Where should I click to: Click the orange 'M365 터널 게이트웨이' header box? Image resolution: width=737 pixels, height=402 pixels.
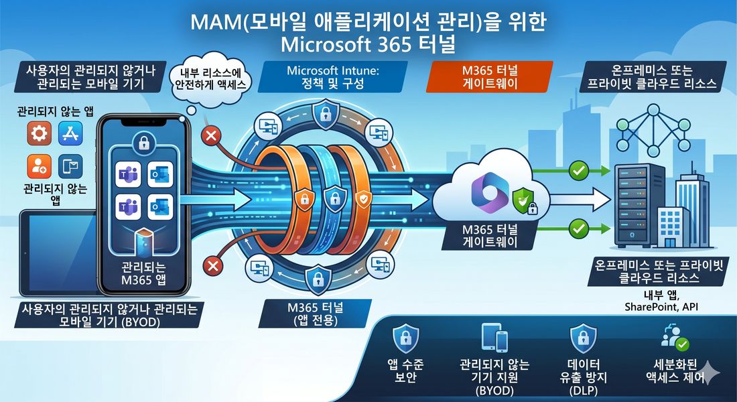click(x=489, y=76)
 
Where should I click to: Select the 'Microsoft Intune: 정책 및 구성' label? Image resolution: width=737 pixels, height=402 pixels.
click(x=332, y=76)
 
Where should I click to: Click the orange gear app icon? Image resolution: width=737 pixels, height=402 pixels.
click(x=39, y=133)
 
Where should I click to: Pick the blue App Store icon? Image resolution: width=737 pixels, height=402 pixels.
click(x=70, y=133)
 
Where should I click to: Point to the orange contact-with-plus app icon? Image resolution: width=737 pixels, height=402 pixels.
click(x=39, y=166)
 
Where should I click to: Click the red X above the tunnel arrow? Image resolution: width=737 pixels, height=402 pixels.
click(x=211, y=137)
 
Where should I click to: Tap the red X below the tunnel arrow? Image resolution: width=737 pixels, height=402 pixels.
click(x=212, y=266)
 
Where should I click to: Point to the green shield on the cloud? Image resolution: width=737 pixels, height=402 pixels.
click(x=523, y=200)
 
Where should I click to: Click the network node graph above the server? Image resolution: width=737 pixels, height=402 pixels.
click(x=653, y=131)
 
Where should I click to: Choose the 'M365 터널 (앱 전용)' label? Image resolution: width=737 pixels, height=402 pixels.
click(x=315, y=314)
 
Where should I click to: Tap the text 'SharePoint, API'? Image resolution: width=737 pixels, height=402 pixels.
click(x=661, y=307)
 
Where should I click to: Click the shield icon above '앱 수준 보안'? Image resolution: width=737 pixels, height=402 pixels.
click(x=405, y=338)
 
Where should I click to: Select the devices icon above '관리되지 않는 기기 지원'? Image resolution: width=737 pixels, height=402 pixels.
click(x=494, y=338)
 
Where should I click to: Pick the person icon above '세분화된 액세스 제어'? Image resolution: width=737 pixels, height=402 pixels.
click(x=675, y=338)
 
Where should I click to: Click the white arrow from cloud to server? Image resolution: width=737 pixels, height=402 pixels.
click(x=580, y=200)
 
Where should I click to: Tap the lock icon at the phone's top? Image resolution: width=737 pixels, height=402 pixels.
click(x=144, y=143)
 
